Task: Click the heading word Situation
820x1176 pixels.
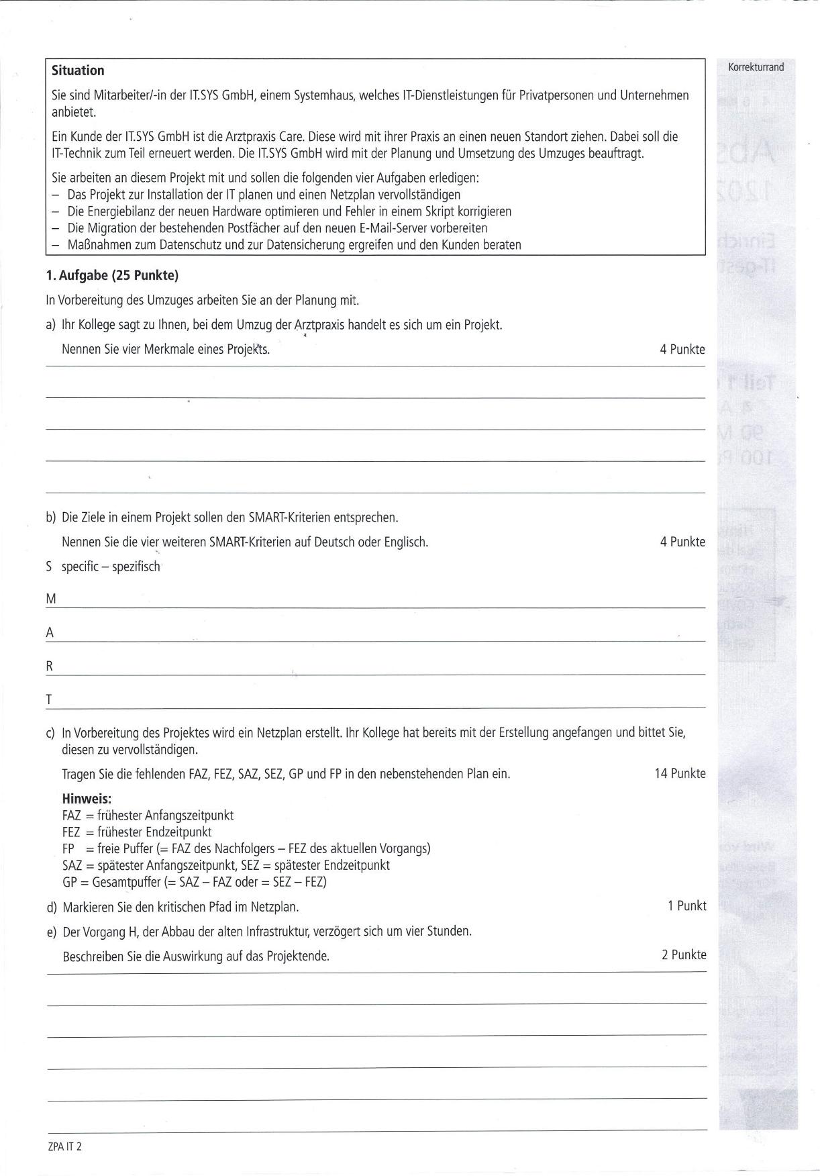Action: tap(78, 70)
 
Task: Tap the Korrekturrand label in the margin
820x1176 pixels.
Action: tap(756, 67)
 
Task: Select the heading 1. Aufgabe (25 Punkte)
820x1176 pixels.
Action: tap(112, 275)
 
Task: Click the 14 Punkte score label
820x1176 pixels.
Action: tap(680, 773)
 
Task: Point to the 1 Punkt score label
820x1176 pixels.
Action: tap(686, 905)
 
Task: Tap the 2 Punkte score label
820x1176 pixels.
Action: tap(683, 954)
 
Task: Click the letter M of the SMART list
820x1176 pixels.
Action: tap(51, 599)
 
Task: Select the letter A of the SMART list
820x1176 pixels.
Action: tap(50, 632)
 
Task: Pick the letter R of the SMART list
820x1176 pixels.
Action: tap(50, 666)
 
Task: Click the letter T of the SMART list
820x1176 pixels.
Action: tap(49, 699)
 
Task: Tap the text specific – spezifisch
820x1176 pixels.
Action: tap(111, 567)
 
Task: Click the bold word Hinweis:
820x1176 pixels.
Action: tap(87, 799)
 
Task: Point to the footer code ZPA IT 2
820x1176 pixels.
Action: tap(64, 1146)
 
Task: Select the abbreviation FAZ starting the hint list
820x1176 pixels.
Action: tap(72, 816)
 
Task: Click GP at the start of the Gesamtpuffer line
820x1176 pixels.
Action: tap(70, 882)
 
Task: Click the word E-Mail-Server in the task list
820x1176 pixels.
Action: tap(362, 228)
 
